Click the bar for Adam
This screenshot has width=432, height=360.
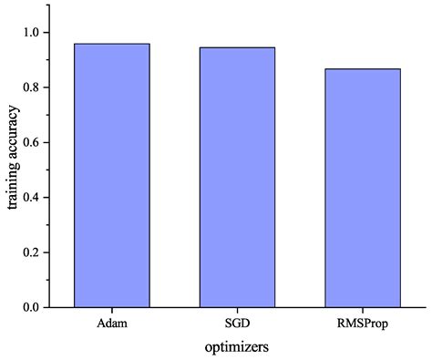(x=111, y=175)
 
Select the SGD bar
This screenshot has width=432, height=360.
(x=237, y=178)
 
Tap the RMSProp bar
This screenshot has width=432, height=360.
(x=362, y=188)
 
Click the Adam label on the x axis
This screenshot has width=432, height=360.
(x=111, y=324)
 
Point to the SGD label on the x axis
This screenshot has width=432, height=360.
(x=237, y=324)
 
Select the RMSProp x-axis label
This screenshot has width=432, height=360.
(x=362, y=324)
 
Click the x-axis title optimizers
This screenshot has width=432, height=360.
(x=237, y=346)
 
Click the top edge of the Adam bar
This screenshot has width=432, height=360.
(x=111, y=44)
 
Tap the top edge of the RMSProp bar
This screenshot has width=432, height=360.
(x=362, y=69)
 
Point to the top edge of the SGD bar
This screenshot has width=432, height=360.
(x=237, y=47)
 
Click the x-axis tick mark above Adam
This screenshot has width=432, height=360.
(x=111, y=311)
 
